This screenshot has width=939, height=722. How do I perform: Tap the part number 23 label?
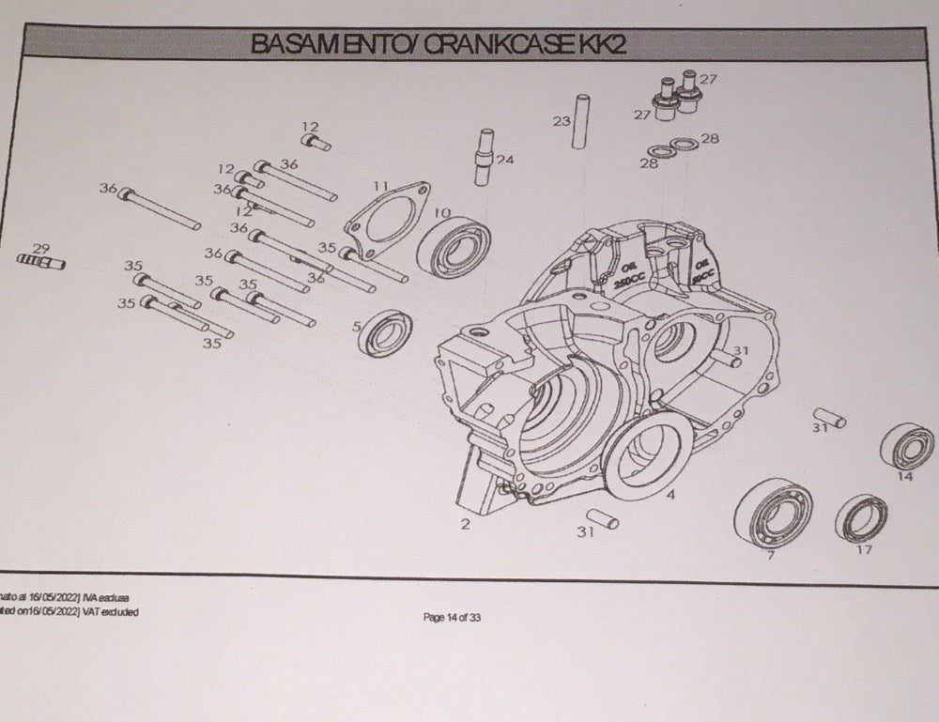[x=562, y=121]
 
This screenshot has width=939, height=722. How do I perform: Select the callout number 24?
[x=505, y=160]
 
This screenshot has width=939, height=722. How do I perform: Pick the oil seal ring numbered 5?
[x=384, y=333]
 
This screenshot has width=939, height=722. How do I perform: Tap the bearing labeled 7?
[x=773, y=513]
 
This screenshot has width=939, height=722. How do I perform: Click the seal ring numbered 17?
[x=861, y=518]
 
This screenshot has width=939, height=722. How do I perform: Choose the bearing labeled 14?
[x=907, y=447]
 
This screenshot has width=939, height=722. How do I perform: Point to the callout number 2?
[x=465, y=525]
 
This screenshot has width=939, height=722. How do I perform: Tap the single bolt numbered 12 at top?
[x=316, y=143]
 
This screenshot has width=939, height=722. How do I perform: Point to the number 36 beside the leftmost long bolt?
[x=107, y=189]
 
